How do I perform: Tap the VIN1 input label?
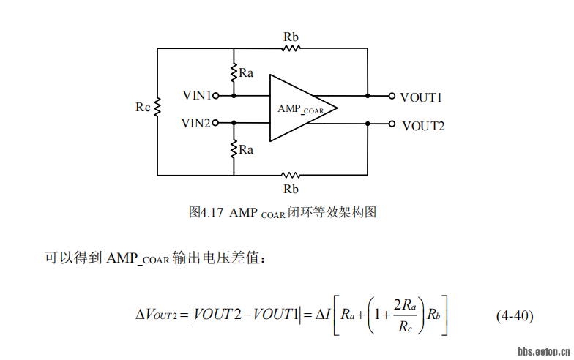click(x=196, y=95)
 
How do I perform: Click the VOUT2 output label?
click(x=423, y=125)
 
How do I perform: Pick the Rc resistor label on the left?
click(x=143, y=107)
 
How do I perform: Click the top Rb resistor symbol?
click(x=291, y=48)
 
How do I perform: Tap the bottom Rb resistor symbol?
click(x=291, y=175)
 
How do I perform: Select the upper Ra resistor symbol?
click(x=234, y=72)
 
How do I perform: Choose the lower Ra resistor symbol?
click(x=234, y=149)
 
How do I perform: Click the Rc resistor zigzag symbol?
click(x=157, y=107)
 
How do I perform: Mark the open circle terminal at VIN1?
click(x=216, y=95)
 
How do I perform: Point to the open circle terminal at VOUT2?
click(x=392, y=124)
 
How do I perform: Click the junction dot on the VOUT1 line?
click(x=368, y=95)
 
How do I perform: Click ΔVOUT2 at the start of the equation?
click(x=156, y=316)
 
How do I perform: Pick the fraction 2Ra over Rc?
click(x=405, y=316)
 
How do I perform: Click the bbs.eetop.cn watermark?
click(x=543, y=351)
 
